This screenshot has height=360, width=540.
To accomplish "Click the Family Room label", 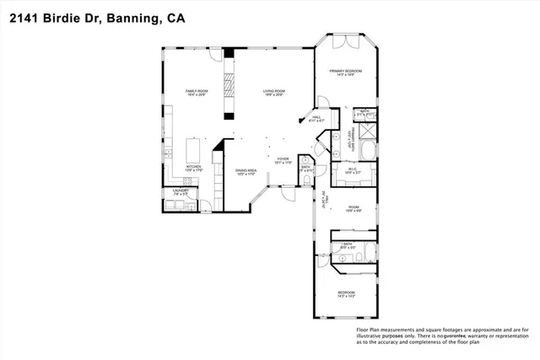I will pyautogui.click(x=197, y=92).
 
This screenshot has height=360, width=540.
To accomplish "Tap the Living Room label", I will pyautogui.click(x=272, y=92).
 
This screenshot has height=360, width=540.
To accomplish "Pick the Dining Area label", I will pyautogui.click(x=246, y=171).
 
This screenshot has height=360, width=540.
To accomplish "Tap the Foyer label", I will pyautogui.click(x=283, y=159).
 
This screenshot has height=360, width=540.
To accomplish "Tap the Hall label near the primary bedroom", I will pyautogui.click(x=316, y=118).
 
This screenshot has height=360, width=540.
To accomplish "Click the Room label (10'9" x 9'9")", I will pyautogui.click(x=354, y=207).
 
